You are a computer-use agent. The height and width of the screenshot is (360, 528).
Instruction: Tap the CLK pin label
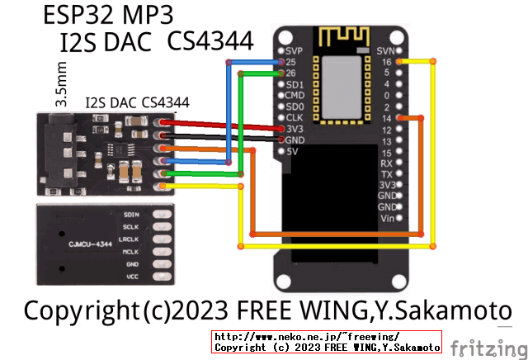tap(295, 118)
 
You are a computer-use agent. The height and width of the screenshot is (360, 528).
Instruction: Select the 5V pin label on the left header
tap(293, 151)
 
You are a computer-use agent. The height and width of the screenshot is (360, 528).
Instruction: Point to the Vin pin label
tap(385, 219)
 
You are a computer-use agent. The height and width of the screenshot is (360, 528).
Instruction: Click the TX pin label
tap(386, 174)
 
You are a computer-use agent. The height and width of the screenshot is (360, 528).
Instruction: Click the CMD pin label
tap(295, 96)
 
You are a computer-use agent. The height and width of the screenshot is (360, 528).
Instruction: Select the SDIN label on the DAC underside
tap(130, 214)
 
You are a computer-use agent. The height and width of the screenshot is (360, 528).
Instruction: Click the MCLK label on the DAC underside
tap(130, 251)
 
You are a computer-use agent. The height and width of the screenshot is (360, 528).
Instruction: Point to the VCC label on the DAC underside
tap(131, 277)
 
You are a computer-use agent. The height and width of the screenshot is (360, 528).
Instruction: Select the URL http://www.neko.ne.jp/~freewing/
tap(307, 337)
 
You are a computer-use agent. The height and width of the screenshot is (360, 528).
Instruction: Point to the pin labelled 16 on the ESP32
tap(386, 62)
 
